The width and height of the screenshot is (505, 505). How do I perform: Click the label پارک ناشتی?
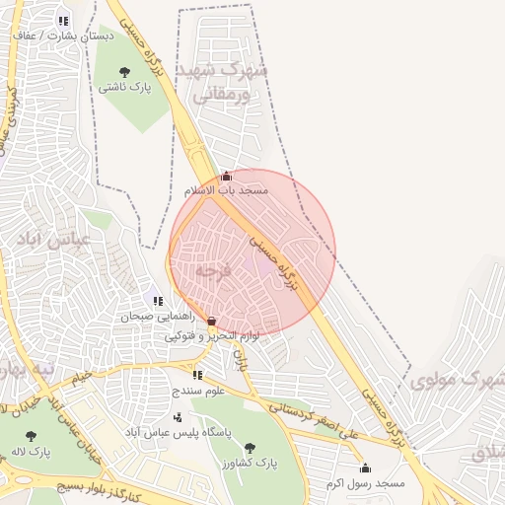click(x=125, y=87)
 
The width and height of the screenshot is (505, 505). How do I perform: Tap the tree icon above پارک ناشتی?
click(x=125, y=71)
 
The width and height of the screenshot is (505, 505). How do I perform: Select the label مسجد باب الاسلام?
click(x=227, y=190)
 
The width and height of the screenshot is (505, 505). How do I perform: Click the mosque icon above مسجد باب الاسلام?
click(x=226, y=176)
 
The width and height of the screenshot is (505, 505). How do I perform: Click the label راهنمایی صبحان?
click(x=153, y=317)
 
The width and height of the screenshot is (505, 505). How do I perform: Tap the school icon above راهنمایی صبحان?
click(x=158, y=301)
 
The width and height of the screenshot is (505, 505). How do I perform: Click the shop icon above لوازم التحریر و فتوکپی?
click(x=212, y=321)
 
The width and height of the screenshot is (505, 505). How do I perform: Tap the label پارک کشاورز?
click(x=247, y=463)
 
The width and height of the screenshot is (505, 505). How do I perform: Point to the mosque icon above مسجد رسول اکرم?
click(x=365, y=468)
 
